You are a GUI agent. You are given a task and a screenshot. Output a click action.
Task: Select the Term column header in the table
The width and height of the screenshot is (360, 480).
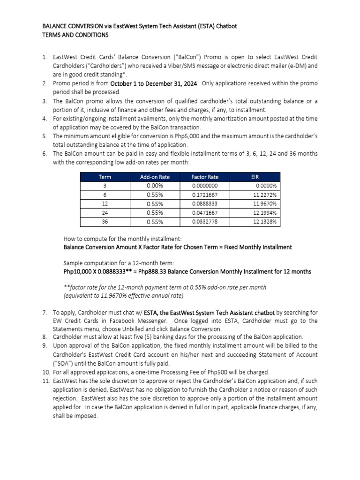105,177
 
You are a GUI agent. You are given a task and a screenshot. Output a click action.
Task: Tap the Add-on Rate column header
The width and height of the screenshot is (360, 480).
155,177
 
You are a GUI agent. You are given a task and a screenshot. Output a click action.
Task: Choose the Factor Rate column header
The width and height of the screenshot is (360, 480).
205,177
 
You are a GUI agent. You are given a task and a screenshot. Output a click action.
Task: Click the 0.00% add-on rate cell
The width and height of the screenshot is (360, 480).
155,186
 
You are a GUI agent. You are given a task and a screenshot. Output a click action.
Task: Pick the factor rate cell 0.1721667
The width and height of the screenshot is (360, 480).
205,195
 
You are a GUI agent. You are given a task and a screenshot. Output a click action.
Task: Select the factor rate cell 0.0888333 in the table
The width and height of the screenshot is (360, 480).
205,204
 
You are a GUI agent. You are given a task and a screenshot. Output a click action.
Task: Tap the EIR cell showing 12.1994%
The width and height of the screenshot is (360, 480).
265,213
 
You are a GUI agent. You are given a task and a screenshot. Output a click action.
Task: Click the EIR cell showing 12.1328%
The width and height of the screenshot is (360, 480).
265,222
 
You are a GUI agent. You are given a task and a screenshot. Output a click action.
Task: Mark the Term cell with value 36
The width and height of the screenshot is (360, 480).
105,222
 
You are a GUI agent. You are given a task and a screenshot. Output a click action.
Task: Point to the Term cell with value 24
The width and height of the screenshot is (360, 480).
105,213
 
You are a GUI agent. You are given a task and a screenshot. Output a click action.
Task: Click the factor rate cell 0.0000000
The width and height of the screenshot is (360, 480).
205,186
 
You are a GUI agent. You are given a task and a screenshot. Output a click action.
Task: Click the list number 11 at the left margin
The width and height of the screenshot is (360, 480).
45,381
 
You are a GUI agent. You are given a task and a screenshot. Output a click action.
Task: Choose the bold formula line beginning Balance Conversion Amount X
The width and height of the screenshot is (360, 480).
177,247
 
